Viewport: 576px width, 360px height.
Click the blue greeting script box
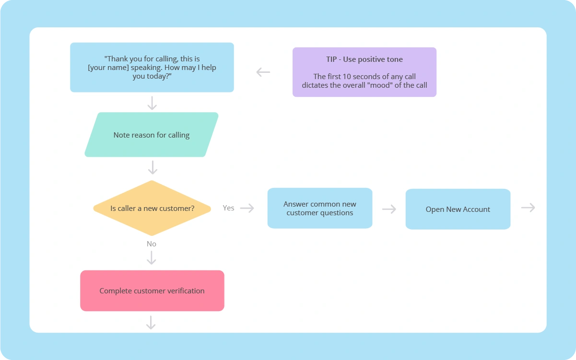pyautogui.click(x=152, y=67)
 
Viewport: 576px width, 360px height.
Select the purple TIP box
pyautogui.click(x=364, y=72)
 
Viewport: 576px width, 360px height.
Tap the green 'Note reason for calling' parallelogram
pyautogui.click(x=152, y=135)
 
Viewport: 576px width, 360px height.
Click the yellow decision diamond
pyautogui.click(x=152, y=208)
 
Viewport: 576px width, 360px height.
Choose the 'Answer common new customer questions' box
pyautogui.click(x=319, y=208)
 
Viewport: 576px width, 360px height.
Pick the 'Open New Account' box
pyautogui.click(x=458, y=209)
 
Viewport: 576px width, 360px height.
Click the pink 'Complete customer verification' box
pyautogui.click(x=152, y=290)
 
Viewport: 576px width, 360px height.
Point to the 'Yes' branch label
pyautogui.click(x=228, y=208)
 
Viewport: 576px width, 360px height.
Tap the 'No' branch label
pyautogui.click(x=152, y=244)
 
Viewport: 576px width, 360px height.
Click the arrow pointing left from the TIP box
pyautogui.click(x=263, y=72)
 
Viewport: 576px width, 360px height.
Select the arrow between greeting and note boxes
pyautogui.click(x=152, y=103)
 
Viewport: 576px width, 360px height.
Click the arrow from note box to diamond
pyautogui.click(x=153, y=167)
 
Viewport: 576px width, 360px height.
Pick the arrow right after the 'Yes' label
pyautogui.click(x=247, y=208)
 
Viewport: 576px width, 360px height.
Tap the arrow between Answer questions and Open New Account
pyautogui.click(x=389, y=209)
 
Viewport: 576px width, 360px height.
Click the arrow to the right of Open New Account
pyautogui.click(x=528, y=208)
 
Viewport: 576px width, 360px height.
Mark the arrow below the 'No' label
pyautogui.click(x=152, y=258)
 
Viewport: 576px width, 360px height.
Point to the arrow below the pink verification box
pyautogui.click(x=151, y=323)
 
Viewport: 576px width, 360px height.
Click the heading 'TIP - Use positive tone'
pyautogui.click(x=364, y=59)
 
